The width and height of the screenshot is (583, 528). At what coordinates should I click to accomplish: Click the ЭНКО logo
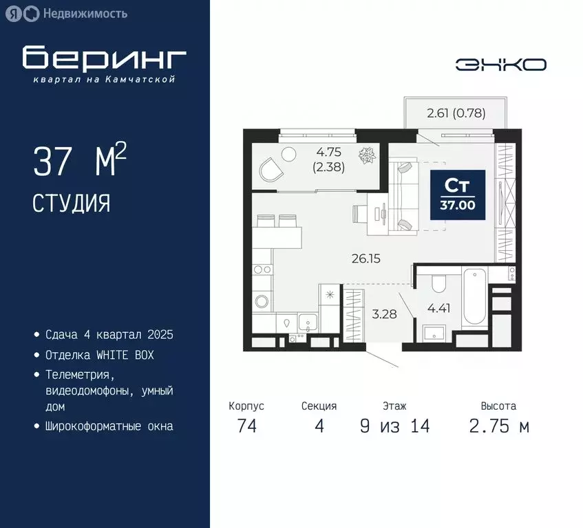(x=500, y=65)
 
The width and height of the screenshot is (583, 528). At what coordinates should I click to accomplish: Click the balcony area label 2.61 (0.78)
(x=456, y=113)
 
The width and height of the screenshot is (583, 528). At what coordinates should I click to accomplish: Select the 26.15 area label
(x=365, y=258)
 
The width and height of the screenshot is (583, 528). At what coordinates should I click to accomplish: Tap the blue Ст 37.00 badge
(x=458, y=195)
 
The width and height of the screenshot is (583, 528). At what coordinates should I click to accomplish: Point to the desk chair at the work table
(x=361, y=213)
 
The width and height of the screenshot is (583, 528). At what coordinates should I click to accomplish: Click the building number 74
(x=246, y=426)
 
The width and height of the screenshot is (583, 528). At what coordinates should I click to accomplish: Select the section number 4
(x=319, y=426)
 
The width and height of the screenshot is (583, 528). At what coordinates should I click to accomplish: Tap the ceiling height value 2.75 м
(x=499, y=426)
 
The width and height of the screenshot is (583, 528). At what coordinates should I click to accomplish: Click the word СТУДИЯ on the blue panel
(x=71, y=203)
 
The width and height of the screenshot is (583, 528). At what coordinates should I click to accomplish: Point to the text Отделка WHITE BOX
(x=99, y=355)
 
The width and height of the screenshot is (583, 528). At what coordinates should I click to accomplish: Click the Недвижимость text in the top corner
(x=85, y=13)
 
